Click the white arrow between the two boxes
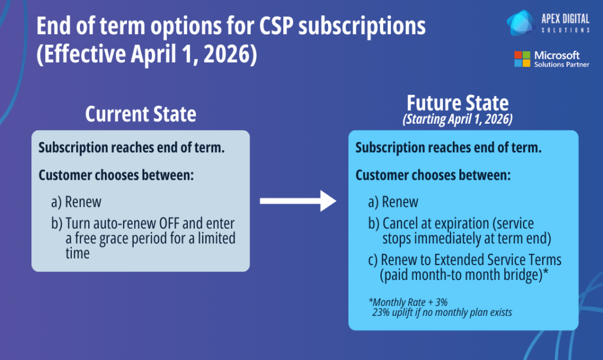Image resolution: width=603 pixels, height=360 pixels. [298, 201]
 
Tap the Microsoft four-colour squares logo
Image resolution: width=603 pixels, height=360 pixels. [522, 59]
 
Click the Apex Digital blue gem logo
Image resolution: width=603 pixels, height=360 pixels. [521, 23]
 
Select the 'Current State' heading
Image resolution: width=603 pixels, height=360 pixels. [141, 114]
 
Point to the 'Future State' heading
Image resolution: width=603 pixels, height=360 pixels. [458, 103]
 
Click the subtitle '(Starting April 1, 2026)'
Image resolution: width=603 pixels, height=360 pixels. [458, 119]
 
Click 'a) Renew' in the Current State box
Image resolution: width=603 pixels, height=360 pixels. [76, 202]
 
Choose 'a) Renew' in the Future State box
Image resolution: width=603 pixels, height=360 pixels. [393, 202]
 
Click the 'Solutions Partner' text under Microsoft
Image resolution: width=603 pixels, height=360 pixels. [561, 65]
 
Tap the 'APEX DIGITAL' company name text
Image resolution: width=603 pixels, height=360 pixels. [565, 18]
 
